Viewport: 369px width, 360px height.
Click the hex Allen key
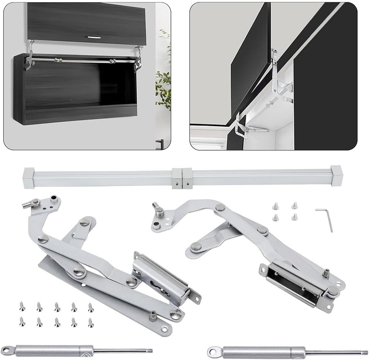tap(325, 218)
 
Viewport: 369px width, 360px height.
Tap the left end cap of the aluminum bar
tap(28, 177)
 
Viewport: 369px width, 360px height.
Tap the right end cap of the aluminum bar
tap(337, 175)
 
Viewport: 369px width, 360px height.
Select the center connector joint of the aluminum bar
tap(182, 178)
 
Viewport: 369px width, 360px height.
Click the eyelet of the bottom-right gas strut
tap(214, 350)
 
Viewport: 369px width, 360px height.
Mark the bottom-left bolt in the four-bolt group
tap(275, 217)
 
